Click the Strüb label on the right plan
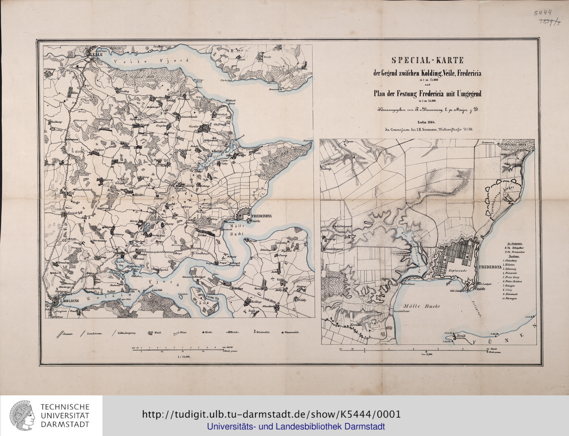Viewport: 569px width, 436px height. (x=460, y=336)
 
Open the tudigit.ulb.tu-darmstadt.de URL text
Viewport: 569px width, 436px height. (x=271, y=414)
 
